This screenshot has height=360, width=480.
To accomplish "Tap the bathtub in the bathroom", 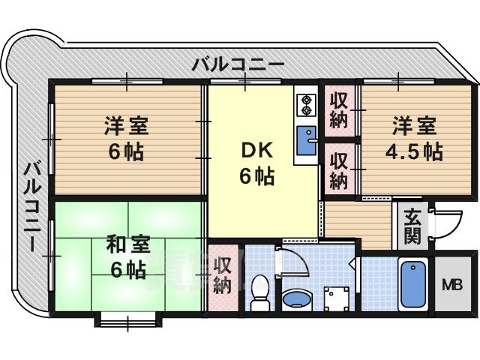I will (413, 284).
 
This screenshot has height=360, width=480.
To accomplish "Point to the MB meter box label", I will (451, 285).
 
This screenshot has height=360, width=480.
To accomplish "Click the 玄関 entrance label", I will (412, 227).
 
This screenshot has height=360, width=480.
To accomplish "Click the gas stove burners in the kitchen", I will (307, 106).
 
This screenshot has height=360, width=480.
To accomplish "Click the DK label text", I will (256, 150).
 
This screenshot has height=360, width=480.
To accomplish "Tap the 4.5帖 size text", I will (413, 151).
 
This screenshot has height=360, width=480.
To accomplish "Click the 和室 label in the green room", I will (127, 244).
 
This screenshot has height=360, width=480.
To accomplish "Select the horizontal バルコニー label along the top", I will (238, 64).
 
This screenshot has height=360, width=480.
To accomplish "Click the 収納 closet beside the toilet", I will (222, 274).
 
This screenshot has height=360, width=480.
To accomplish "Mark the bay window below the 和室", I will (127, 321).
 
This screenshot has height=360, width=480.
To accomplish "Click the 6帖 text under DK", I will (256, 178).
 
